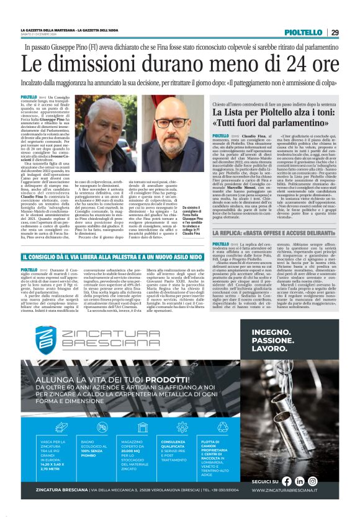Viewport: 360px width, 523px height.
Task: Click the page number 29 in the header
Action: pyautogui.click(x=335, y=32)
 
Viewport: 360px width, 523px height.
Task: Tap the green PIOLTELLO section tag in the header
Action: pyautogui.click(x=306, y=32)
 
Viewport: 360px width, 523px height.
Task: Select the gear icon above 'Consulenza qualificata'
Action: pyautogui.click(x=182, y=428)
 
